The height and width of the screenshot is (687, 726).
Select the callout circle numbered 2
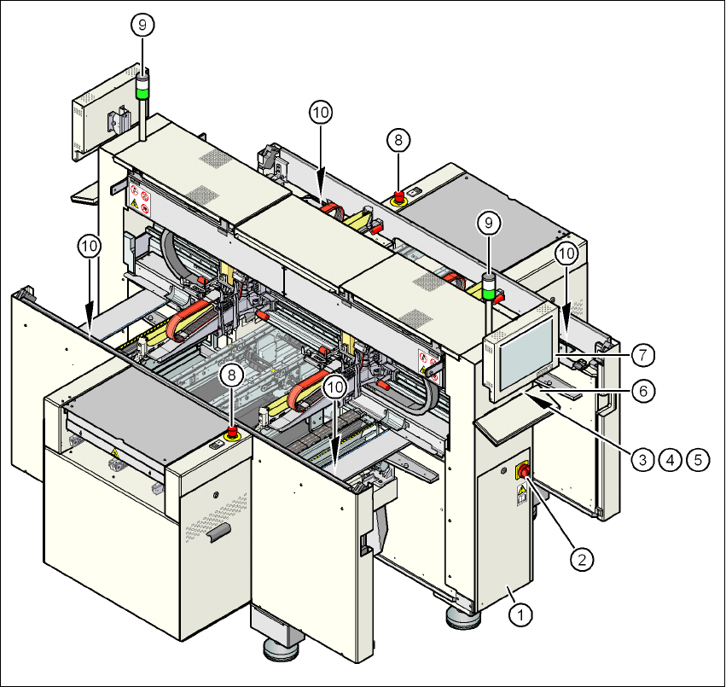[x=582, y=560]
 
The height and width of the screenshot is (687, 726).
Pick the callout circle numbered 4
[x=671, y=459]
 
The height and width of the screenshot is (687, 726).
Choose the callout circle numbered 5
[x=699, y=459]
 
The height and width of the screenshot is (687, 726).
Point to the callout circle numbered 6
[x=644, y=390]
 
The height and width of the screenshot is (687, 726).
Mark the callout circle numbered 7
[x=644, y=352]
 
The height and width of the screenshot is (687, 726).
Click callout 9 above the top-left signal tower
[x=142, y=26]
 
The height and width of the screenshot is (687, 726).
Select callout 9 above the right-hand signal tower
[x=488, y=222]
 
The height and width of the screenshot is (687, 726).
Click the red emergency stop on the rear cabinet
[x=398, y=198]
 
